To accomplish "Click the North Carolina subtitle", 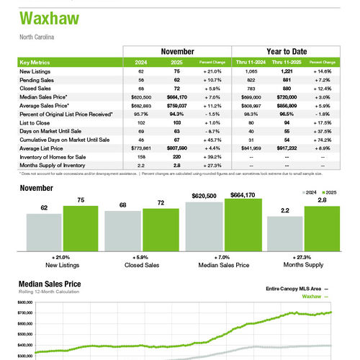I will [36, 36].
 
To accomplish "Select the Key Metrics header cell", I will [35, 63].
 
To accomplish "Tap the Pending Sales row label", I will [37, 80].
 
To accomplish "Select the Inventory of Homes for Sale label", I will [52, 151].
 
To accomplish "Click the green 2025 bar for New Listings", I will [80, 228].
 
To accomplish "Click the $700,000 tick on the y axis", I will [25, 312].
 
